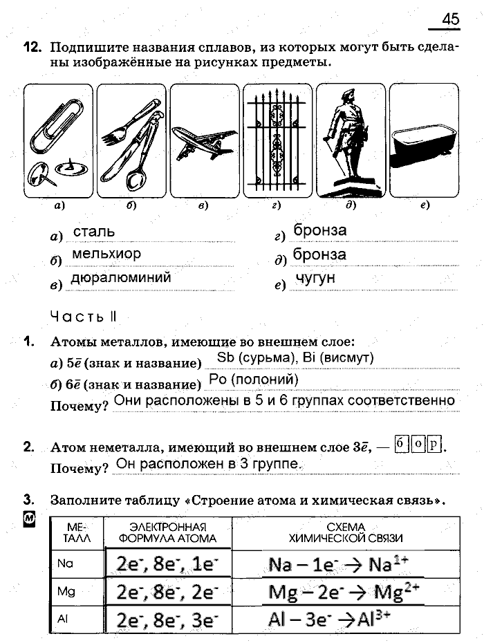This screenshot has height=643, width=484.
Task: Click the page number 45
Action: point(450,19)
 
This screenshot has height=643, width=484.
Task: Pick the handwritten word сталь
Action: point(94,232)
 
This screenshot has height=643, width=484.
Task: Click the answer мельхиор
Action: point(106,254)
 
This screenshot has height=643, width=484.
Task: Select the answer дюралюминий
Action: point(121,277)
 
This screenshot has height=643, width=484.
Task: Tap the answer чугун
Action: point(315,278)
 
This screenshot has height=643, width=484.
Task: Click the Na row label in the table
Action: point(66,563)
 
